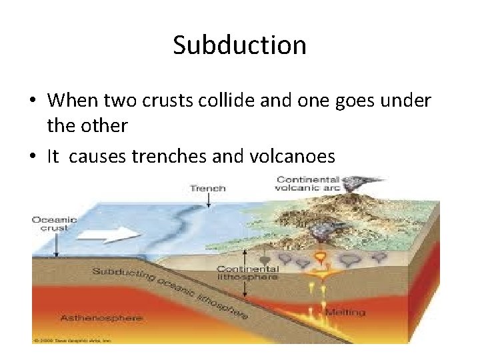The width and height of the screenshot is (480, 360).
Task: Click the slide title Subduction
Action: coord(239,45)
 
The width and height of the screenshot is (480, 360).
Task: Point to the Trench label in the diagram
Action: coord(207,188)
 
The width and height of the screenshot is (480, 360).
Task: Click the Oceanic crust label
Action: coord(55,224)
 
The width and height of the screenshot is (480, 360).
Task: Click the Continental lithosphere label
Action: coord(247,273)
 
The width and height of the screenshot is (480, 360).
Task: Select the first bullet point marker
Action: coord(32,101)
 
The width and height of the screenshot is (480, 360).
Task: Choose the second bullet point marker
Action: coord(32,157)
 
